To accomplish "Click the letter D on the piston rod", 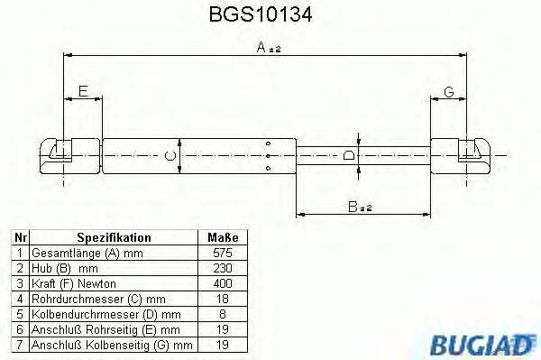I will point(350,156).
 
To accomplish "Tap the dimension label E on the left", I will point(82,90).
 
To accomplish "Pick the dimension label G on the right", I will point(448,90).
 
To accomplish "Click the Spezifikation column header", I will point(114,237).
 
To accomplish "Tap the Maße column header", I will point(223,237).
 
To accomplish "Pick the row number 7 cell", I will point(20,345).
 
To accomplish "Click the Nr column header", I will point(20,237).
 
